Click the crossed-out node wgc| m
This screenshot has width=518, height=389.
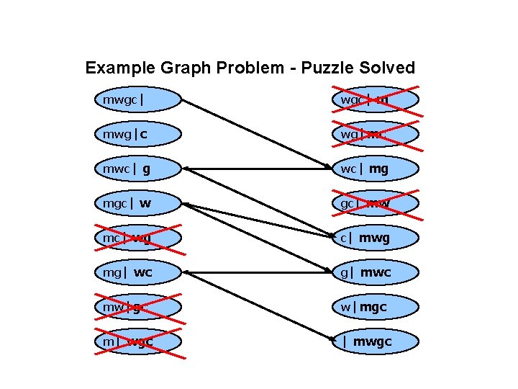pyautogui.click(x=375, y=99)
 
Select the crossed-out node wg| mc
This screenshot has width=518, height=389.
pyautogui.click(x=375, y=134)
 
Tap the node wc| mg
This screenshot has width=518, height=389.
pyautogui.click(x=375, y=169)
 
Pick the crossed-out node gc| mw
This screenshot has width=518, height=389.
pyautogui.click(x=375, y=203)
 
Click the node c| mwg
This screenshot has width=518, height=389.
pyautogui.click(x=375, y=238)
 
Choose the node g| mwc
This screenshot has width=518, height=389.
pyautogui.click(x=375, y=272)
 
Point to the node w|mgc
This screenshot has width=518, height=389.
pyautogui.click(x=375, y=307)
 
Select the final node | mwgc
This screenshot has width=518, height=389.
pyautogui.click(x=375, y=341)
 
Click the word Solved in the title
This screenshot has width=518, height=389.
pyautogui.click(x=388, y=68)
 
